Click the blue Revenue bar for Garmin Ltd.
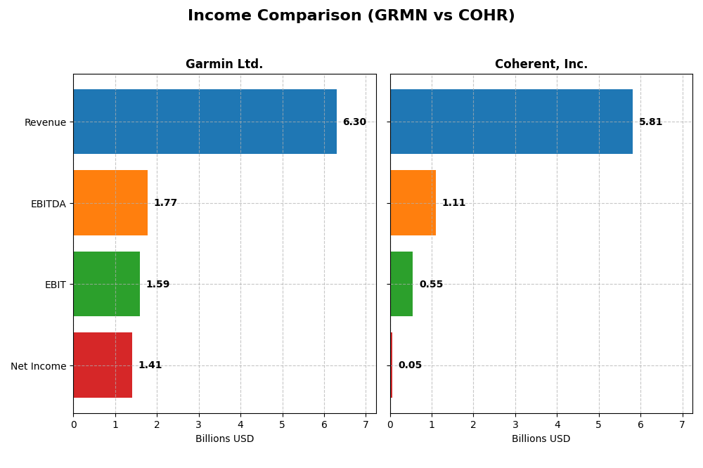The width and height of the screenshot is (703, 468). pyautogui.click(x=205, y=122)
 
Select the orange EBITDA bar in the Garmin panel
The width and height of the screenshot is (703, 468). pyautogui.click(x=110, y=203)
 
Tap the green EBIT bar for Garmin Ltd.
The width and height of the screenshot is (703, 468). pyautogui.click(x=106, y=284)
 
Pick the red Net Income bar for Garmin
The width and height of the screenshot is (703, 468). pyautogui.click(x=103, y=365)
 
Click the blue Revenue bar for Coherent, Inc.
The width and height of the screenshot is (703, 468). pyautogui.click(x=511, y=122)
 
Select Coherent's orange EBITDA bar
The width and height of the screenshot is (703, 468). pyautogui.click(x=413, y=203)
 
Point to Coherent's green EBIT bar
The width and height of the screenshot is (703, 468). pyautogui.click(x=401, y=284)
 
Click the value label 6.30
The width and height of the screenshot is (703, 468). pyautogui.click(x=354, y=122)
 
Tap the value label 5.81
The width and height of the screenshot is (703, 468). pyautogui.click(x=650, y=122)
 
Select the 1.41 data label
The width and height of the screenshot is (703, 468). pyautogui.click(x=150, y=365)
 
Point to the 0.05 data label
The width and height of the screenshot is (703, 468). pyautogui.click(x=410, y=365)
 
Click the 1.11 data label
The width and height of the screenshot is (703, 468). pyautogui.click(x=453, y=203)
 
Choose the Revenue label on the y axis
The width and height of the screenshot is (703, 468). pyautogui.click(x=45, y=122)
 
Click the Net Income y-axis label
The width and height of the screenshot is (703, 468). pyautogui.click(x=39, y=366)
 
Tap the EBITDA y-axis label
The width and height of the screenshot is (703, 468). pyautogui.click(x=49, y=204)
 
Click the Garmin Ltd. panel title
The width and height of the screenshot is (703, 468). pyautogui.click(x=224, y=65)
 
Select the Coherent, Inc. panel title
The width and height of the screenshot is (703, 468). pyautogui.click(x=541, y=65)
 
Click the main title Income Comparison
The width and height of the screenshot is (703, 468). pyautogui.click(x=351, y=16)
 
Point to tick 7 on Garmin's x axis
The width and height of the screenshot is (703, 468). pyautogui.click(x=366, y=424)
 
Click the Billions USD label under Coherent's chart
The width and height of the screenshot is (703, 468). pyautogui.click(x=541, y=439)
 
